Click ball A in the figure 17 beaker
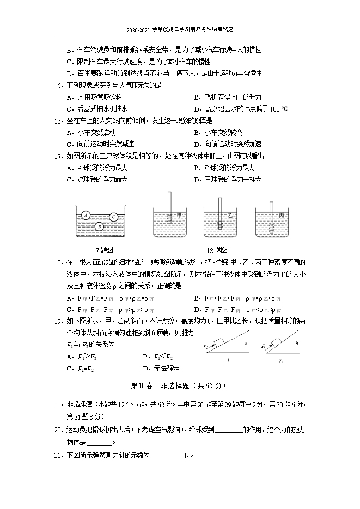point(86,216)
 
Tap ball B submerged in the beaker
point(99,226)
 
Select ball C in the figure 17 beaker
point(113,217)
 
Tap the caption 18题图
point(216,250)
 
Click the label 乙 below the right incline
point(282,360)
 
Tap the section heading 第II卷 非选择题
point(179,385)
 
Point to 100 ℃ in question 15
point(278,109)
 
